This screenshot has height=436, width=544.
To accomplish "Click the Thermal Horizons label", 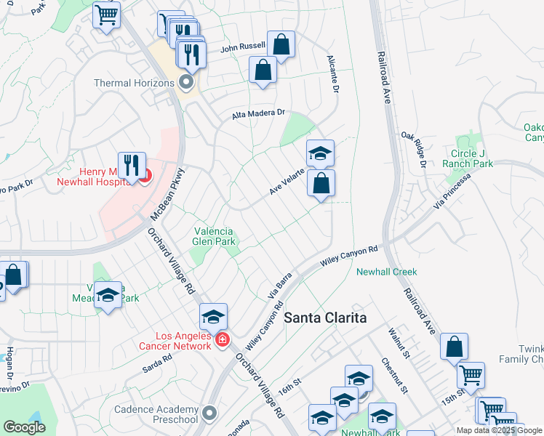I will tap(134, 83).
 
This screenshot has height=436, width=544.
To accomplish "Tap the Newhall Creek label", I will tap(387, 272).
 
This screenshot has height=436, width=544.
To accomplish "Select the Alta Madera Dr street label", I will tap(258, 115).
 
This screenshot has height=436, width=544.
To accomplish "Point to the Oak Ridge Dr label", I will tap(414, 150).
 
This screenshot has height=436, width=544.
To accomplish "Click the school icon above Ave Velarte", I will tap(320, 153).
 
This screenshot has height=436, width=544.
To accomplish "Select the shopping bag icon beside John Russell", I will tap(281, 44).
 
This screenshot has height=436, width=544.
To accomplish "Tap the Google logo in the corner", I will tap(24, 428).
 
